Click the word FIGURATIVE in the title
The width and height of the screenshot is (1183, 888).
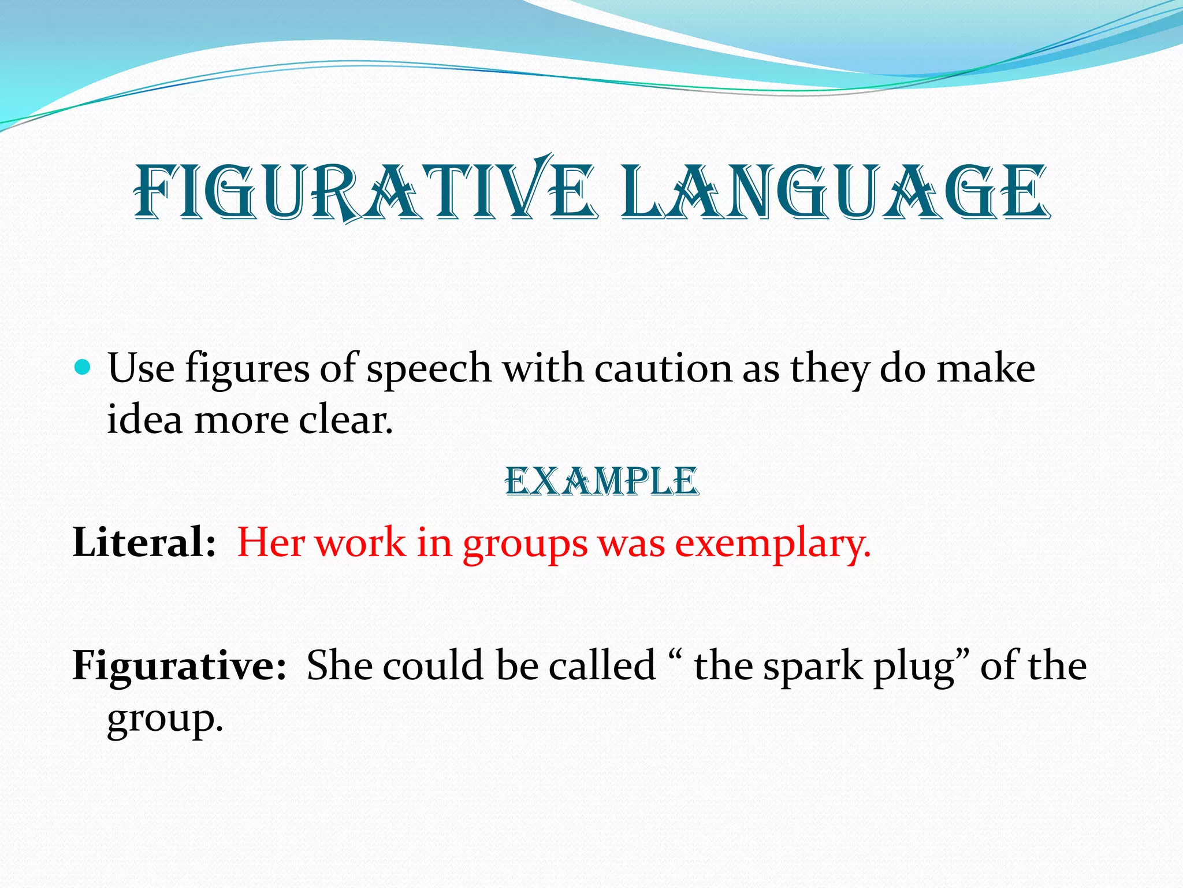point(364,191)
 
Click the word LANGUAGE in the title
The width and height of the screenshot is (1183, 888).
point(835,191)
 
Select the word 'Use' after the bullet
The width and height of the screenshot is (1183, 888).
point(141,368)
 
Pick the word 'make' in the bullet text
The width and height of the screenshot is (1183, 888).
point(985,368)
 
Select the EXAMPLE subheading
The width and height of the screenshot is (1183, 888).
point(602,481)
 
